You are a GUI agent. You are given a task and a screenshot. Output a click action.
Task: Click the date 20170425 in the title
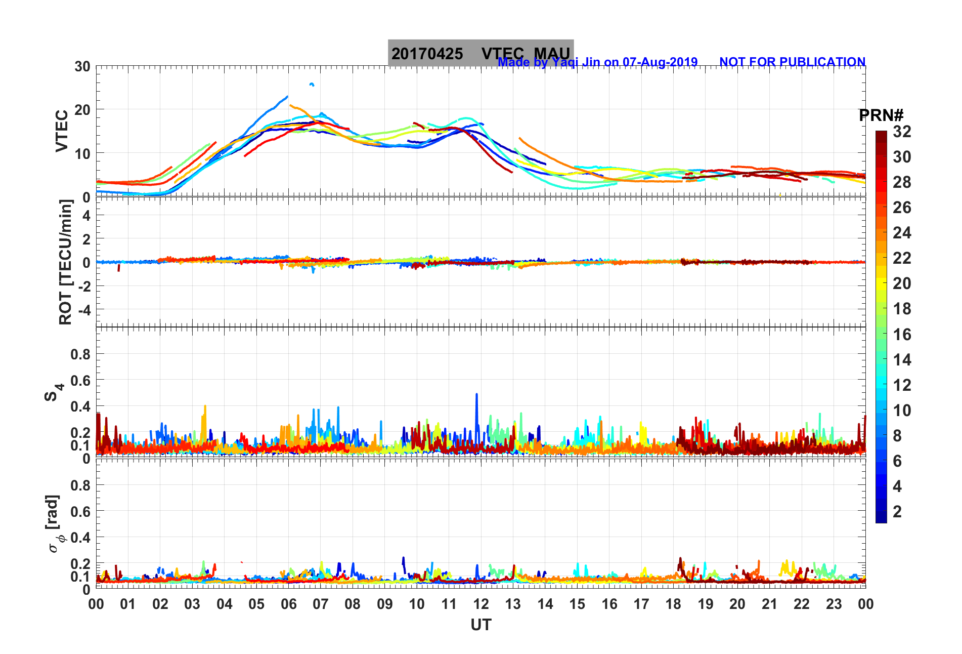click(x=427, y=54)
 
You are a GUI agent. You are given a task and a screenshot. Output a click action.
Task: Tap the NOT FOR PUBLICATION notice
click(x=792, y=62)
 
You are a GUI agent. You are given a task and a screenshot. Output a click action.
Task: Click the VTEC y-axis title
click(x=62, y=131)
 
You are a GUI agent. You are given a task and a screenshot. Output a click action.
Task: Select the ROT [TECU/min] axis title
click(x=65, y=262)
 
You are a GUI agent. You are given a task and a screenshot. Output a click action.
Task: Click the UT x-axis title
click(x=480, y=625)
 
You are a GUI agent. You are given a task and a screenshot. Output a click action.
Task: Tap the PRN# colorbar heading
click(x=881, y=115)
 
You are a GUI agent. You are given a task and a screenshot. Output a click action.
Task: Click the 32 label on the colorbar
click(x=902, y=132)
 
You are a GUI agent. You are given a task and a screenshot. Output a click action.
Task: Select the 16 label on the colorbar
click(x=902, y=334)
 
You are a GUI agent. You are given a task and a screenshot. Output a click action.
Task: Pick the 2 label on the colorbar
click(x=897, y=511)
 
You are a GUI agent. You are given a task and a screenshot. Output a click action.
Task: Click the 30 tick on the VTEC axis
click(x=82, y=66)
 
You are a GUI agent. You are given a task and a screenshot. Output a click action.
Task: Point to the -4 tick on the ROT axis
click(x=83, y=309)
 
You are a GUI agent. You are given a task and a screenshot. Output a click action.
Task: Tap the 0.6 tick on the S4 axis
click(x=80, y=380)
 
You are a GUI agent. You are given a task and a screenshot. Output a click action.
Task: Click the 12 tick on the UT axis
click(x=481, y=604)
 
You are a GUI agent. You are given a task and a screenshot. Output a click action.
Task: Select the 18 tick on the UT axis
click(x=673, y=604)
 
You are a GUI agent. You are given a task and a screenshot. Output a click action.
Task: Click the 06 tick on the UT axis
click(x=288, y=604)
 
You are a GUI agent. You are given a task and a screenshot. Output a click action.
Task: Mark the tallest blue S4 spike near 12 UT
click(x=476, y=394)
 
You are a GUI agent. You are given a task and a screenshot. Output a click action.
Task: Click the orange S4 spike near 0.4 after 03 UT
click(x=205, y=406)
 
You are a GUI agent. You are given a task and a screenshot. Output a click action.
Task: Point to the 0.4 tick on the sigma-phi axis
click(x=80, y=537)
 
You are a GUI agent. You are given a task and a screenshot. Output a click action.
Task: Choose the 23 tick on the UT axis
click(x=834, y=604)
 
